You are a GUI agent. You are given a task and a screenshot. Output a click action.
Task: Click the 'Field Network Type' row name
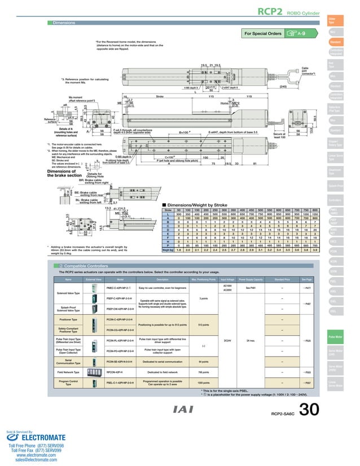click(64, 372)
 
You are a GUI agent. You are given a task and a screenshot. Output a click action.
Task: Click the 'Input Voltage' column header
click(227, 279)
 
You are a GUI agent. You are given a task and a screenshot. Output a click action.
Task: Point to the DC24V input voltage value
click(227, 340)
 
